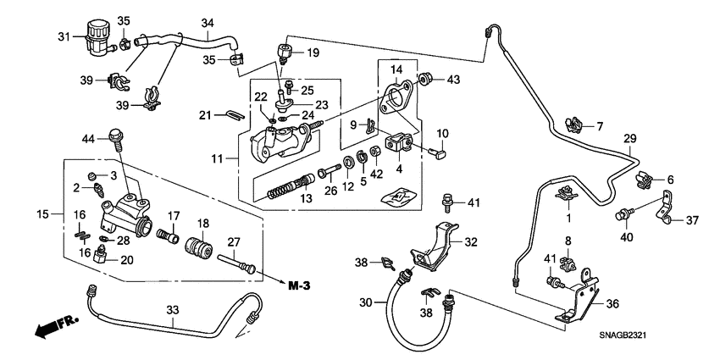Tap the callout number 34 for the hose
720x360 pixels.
click(208, 22)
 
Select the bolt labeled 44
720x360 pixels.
click(113, 136)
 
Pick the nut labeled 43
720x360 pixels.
click(429, 80)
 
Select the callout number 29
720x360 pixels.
click(629, 138)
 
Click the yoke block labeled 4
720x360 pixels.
click(398, 146)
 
